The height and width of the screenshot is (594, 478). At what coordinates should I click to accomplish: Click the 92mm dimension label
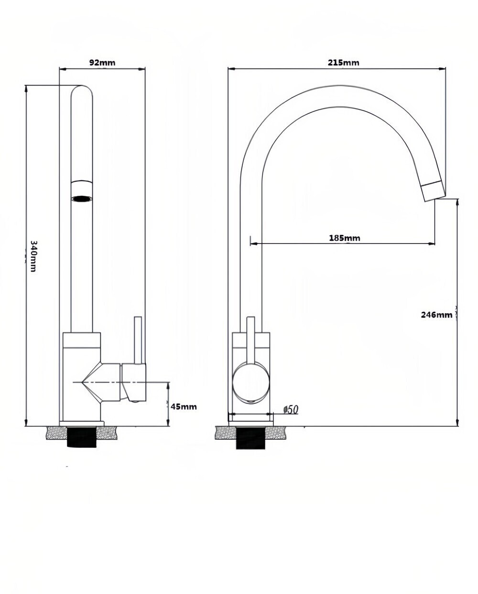102,63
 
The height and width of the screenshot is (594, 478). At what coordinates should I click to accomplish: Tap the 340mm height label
33,256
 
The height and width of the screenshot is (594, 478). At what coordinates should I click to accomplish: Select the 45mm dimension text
184,406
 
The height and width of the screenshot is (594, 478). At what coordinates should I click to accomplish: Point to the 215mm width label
343,63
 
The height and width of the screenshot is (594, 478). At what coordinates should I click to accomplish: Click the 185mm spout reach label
345,238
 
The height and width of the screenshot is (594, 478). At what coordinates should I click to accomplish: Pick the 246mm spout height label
436,315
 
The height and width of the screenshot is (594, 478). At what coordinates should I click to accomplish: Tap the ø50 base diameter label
291,410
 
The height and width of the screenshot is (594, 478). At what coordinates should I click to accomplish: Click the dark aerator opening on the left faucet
82,199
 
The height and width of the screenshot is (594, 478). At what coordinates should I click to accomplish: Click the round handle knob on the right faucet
250,383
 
